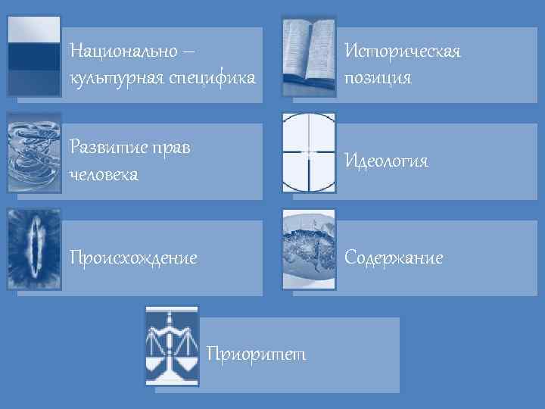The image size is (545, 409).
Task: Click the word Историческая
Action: pyautogui.click(x=402, y=52)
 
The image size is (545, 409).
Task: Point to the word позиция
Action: pyautogui.click(x=378, y=77)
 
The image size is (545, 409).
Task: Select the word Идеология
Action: pyautogui.click(x=386, y=161)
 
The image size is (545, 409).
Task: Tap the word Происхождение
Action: pyautogui.click(x=133, y=258)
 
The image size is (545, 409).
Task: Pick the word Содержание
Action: pyautogui.click(x=394, y=258)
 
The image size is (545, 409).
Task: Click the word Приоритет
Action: pyautogui.click(x=256, y=354)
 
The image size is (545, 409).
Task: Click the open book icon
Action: pyautogui.click(x=309, y=56)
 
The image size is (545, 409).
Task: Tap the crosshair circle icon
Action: pyautogui.click(x=309, y=153)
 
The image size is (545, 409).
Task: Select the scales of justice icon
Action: pyautogui.click(x=172, y=346)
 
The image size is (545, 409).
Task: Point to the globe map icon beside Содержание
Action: pyautogui.click(x=309, y=249)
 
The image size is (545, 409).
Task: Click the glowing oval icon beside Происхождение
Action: pyautogui.click(x=33, y=249)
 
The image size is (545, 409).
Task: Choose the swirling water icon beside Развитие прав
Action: pyautogui.click(x=33, y=153)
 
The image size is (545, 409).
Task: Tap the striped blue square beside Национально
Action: pyautogui.click(x=33, y=56)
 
